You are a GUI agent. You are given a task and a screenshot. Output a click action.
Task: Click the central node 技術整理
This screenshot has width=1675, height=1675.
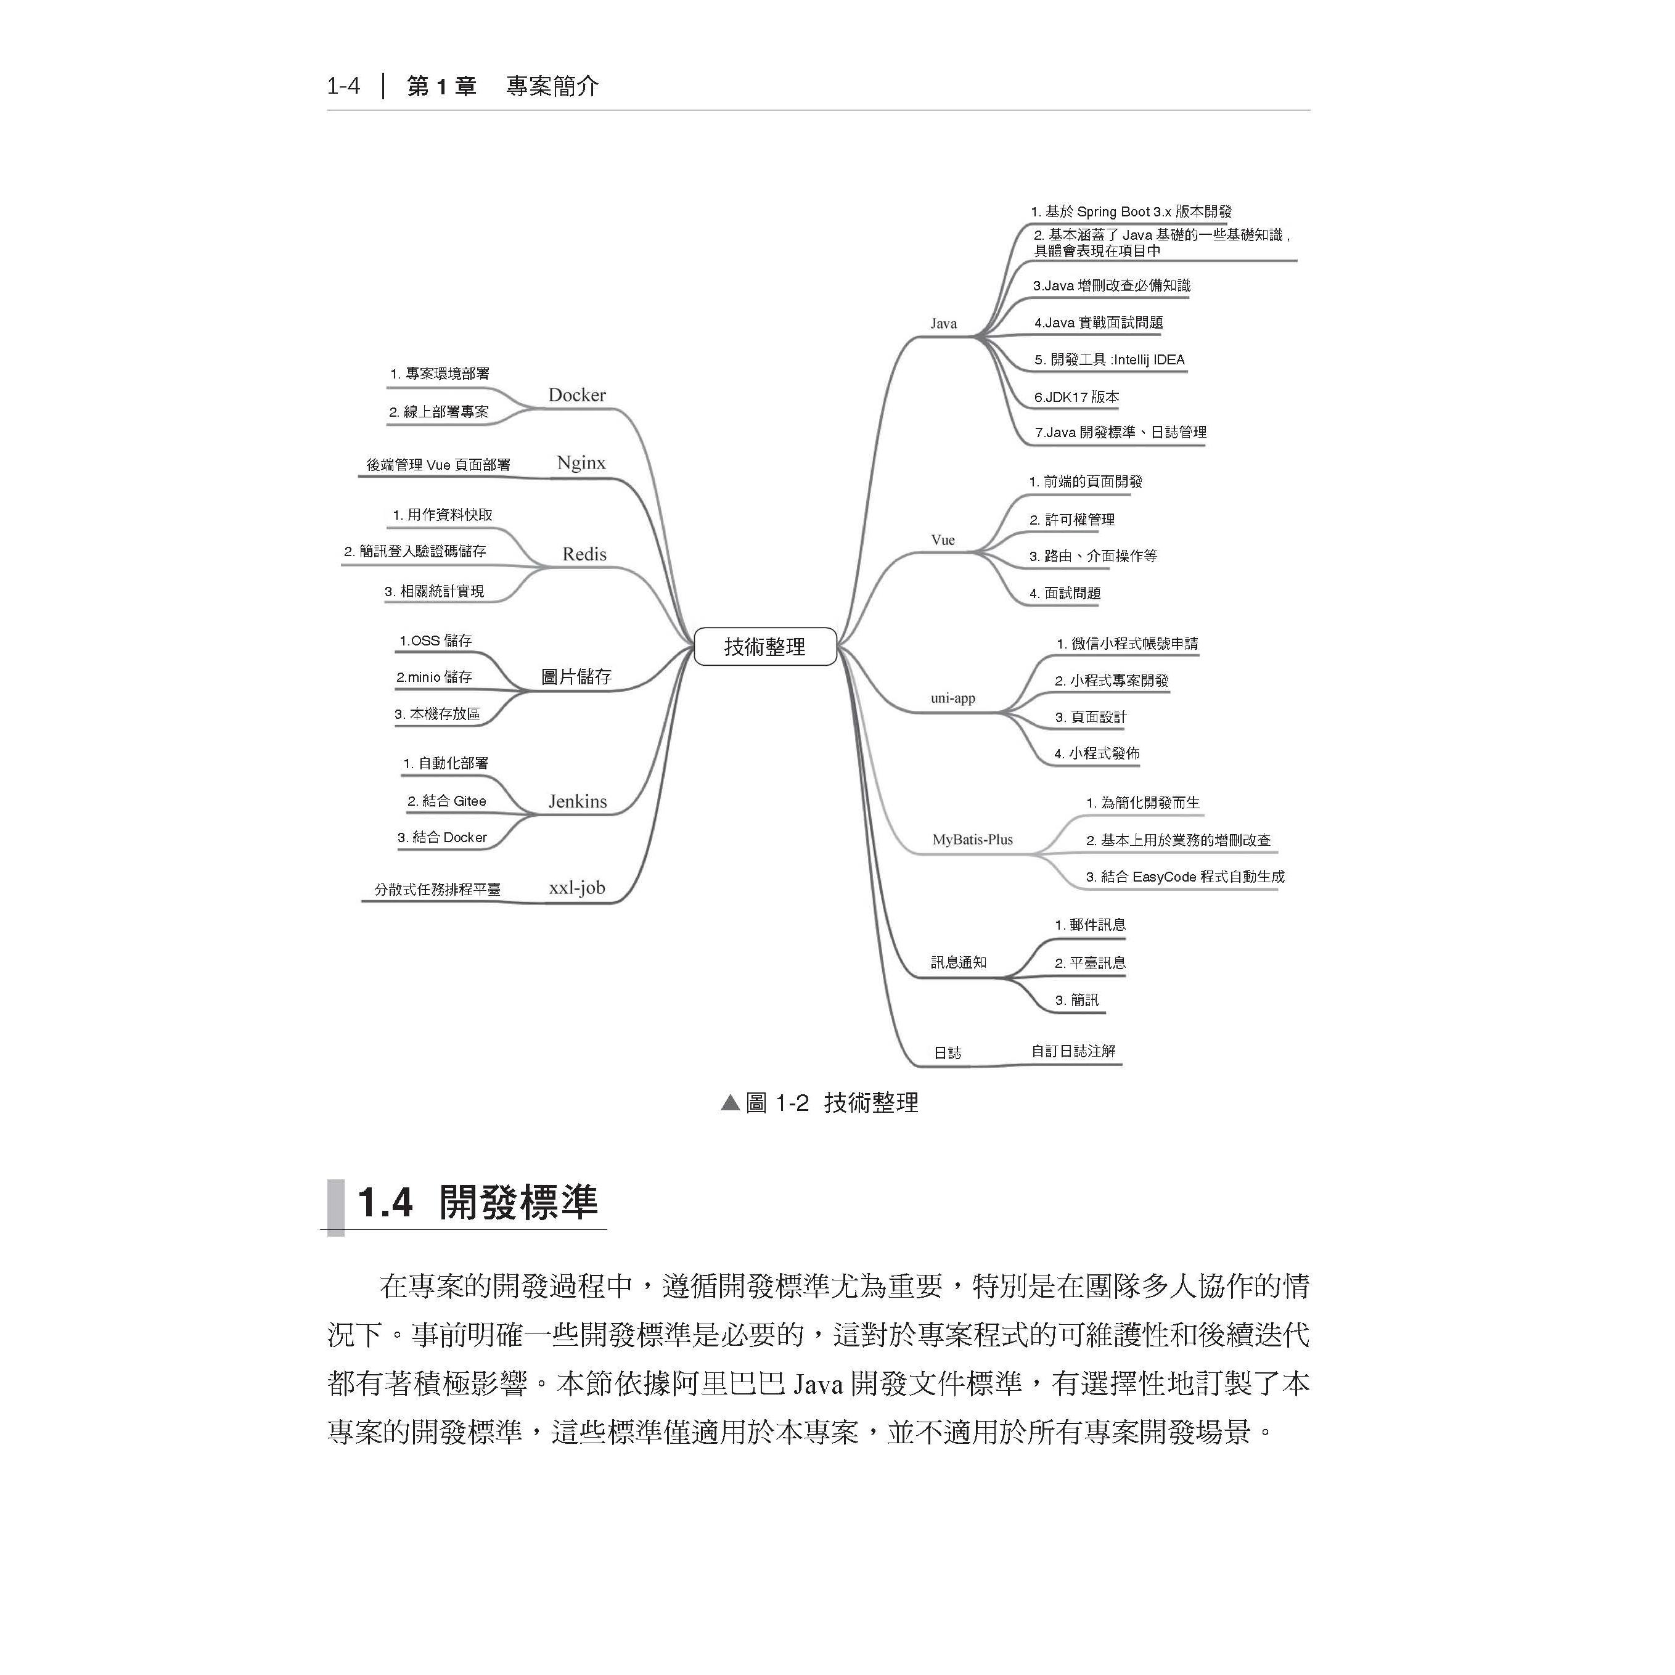[x=764, y=647]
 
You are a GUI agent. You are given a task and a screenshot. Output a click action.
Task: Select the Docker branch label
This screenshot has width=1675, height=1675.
[x=576, y=395]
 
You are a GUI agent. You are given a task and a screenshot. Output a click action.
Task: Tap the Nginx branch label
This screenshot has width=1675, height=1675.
[x=581, y=463]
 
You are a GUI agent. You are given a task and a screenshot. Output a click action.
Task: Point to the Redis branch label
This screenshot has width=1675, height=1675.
[x=584, y=554]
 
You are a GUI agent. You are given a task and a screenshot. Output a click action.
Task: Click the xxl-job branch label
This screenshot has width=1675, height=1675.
[x=576, y=888]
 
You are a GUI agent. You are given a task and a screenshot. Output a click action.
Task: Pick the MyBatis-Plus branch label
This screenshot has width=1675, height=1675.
[x=972, y=839]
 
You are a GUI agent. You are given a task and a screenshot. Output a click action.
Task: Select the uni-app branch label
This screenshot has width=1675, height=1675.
[x=953, y=698]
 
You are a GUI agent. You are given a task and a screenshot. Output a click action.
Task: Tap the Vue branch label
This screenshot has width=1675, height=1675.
[x=943, y=540]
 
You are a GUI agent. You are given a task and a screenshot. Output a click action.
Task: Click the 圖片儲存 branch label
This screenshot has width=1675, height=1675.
[x=576, y=676]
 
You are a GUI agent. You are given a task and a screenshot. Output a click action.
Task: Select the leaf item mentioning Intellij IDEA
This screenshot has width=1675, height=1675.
[x=1109, y=360]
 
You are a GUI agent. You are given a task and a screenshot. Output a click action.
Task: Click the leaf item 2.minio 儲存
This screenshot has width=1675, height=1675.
[x=433, y=677]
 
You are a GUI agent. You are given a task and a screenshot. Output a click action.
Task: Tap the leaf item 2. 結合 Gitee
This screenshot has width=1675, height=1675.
[x=446, y=801]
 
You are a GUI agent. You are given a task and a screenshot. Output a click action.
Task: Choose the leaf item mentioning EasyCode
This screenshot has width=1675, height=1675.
[x=1184, y=877]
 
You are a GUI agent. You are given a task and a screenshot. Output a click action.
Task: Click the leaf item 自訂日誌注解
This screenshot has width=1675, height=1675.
[x=1073, y=1050]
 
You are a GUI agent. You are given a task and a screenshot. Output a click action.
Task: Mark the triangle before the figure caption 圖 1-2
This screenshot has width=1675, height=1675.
[x=730, y=1104]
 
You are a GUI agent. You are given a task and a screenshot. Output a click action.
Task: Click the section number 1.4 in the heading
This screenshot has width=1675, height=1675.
[x=384, y=1203]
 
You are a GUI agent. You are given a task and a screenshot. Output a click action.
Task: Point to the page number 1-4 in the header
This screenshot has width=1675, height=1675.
[x=343, y=86]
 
